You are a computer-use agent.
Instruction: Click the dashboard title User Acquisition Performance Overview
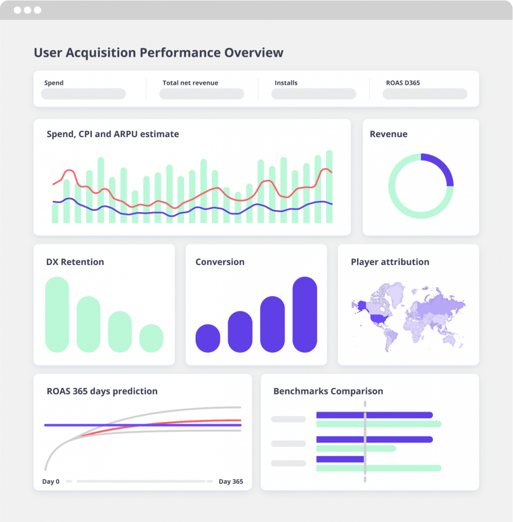[158, 53]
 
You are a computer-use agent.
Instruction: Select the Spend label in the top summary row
[54, 83]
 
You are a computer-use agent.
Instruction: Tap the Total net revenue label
[190, 83]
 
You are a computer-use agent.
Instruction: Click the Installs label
[286, 83]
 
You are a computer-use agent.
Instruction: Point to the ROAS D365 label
[402, 83]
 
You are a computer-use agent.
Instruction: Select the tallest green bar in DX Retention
[57, 314]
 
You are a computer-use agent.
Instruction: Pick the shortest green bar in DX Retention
[151, 338]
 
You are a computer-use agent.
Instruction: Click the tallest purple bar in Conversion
[305, 314]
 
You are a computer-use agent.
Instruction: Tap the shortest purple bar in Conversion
[208, 338]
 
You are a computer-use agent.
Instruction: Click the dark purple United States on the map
[378, 319]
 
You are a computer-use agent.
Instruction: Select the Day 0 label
[50, 481]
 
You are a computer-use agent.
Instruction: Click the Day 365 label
[231, 481]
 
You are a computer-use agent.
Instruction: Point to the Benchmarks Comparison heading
[328, 391]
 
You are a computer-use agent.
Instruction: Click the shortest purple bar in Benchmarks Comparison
[340, 459]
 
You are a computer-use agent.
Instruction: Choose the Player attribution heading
[390, 262]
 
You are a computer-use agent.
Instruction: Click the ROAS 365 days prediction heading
[102, 391]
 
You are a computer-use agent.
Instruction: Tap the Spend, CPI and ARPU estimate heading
[113, 134]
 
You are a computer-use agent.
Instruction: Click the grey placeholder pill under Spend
[83, 94]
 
